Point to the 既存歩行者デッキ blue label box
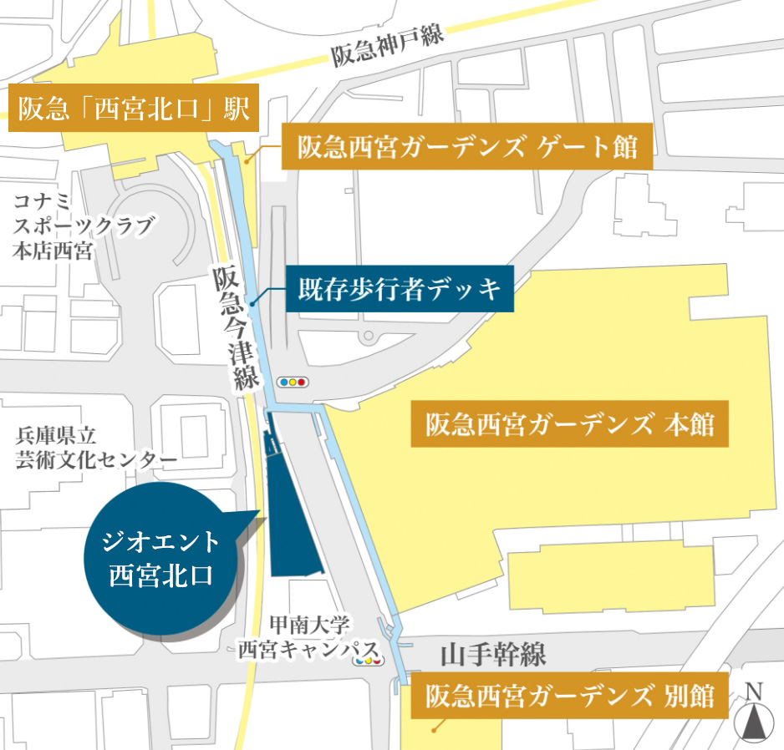400,290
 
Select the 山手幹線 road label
493,655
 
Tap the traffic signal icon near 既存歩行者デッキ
293,383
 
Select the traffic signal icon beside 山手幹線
368,660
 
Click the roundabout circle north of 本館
368,337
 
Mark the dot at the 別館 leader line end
434,729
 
